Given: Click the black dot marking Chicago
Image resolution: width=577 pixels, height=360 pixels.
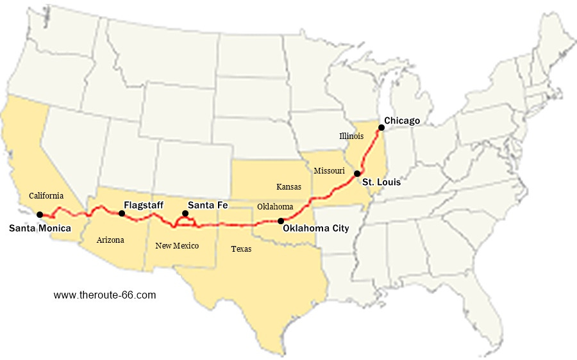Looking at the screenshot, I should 381,127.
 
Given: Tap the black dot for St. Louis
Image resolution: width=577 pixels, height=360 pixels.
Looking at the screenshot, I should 357,174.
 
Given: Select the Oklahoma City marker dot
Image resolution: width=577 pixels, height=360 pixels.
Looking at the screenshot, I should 280,220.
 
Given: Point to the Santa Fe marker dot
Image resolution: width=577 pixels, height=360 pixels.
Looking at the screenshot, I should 185,213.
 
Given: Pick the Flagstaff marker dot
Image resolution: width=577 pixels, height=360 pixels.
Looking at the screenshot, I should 122,213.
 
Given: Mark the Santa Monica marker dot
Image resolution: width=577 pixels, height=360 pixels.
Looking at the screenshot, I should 40,215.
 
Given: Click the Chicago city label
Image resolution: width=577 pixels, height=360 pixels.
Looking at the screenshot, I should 402,120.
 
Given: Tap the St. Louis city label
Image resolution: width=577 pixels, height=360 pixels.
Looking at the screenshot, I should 381,183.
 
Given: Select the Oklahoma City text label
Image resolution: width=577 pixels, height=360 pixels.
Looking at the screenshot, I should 316,228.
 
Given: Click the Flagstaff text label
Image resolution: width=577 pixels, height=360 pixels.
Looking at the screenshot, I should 144,206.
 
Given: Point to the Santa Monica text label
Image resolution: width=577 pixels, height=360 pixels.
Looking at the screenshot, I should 40,227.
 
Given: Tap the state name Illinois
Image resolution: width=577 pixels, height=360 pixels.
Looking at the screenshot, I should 352,136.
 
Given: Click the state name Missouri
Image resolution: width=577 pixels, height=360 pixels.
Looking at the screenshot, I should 329,171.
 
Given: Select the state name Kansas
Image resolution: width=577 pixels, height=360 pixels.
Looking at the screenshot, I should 289,187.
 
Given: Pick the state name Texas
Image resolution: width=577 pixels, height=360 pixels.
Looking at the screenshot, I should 241,249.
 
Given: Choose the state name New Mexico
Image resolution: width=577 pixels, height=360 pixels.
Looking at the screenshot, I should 177,246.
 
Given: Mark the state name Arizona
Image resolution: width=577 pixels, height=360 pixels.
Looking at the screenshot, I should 110,240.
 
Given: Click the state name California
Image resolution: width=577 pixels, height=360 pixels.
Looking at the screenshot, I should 46,195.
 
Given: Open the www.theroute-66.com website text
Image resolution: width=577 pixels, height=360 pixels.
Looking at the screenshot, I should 105,295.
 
